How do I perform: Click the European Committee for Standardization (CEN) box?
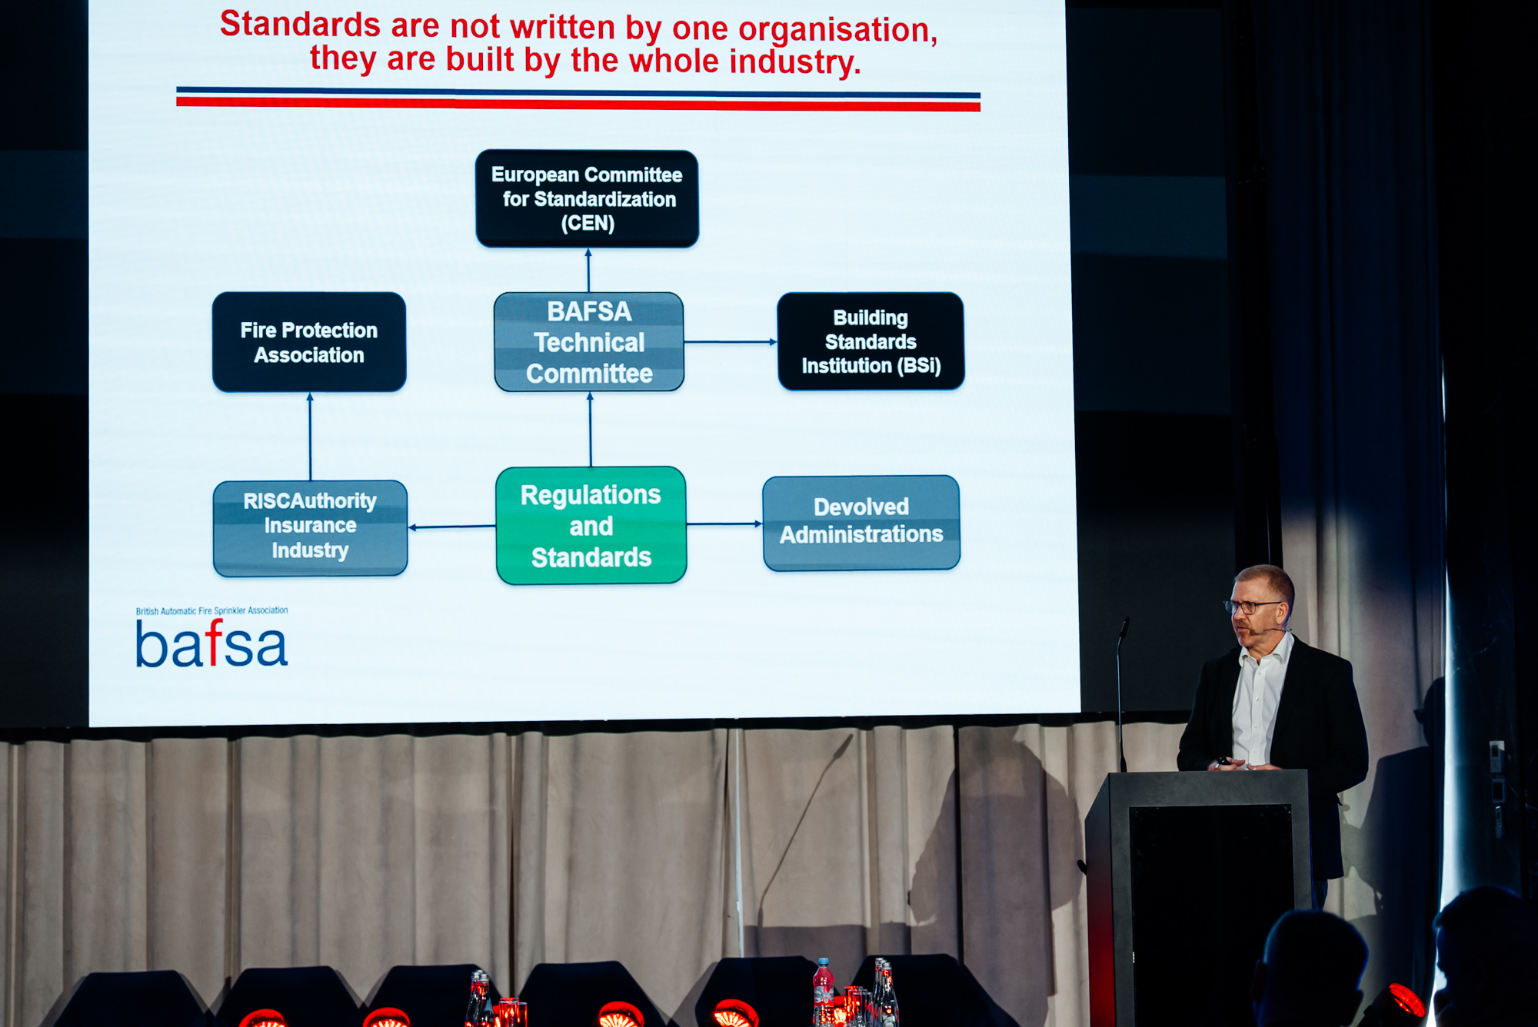(587, 198)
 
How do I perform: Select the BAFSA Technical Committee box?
(589, 342)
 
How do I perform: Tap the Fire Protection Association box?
(309, 342)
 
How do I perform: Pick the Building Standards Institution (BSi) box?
(871, 341)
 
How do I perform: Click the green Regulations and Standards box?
(591, 526)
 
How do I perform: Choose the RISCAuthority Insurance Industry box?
(310, 527)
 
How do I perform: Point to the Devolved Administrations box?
(861, 523)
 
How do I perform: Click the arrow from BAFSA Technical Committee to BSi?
(731, 342)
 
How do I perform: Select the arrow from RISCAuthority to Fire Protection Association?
(310, 437)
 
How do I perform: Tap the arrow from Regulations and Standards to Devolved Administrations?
(724, 524)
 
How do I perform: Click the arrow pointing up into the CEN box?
(588, 270)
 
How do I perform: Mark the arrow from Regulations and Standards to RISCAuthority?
(452, 527)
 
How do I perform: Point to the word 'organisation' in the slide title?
(837, 30)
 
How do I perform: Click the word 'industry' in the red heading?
(794, 62)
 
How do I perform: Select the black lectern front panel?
(1210, 911)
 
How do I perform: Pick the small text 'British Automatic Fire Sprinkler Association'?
(211, 611)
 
